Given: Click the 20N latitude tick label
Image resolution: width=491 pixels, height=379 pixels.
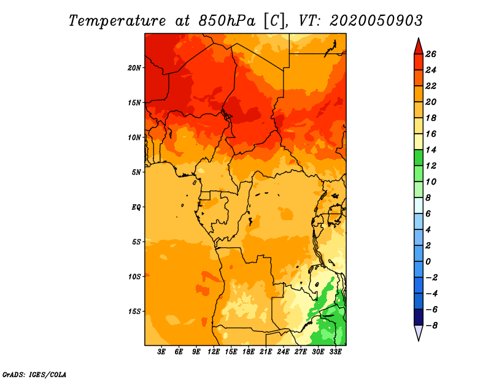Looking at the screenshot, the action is (x=134, y=68).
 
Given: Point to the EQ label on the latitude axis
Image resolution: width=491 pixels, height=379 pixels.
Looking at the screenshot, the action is (x=136, y=207).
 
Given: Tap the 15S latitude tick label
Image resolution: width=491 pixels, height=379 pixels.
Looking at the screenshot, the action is (x=134, y=312).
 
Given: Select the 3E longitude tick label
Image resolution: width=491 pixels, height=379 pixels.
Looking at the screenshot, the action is (x=161, y=352).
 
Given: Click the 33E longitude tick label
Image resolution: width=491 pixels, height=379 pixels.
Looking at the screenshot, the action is (x=335, y=352).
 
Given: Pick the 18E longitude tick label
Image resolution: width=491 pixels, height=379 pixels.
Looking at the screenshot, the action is (x=249, y=352).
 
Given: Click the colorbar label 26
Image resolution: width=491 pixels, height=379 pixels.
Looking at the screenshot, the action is (x=431, y=54).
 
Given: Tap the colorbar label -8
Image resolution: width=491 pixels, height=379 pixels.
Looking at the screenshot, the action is (x=431, y=326).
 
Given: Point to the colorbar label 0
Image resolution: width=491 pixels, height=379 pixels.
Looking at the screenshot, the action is (x=428, y=262).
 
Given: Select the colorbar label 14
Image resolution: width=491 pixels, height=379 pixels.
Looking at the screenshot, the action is (x=431, y=150).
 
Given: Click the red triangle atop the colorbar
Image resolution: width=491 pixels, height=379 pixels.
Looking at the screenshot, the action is (x=419, y=47).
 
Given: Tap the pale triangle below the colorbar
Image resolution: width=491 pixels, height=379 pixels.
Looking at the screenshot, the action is (x=419, y=333).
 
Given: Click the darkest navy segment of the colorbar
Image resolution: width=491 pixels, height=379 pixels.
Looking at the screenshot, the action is (x=419, y=317).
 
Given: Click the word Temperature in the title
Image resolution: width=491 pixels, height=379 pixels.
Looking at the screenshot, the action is (x=117, y=21).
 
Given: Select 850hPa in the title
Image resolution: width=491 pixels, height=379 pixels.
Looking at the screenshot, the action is (x=226, y=21).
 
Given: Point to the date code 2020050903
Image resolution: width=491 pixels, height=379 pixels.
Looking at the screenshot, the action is (x=376, y=21).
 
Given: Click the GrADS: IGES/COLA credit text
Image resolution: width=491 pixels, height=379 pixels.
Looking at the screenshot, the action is (x=34, y=374).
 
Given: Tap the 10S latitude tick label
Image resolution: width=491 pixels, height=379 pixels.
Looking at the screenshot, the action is (x=134, y=277).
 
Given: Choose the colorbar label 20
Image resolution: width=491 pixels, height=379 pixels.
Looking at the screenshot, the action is (x=431, y=102).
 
